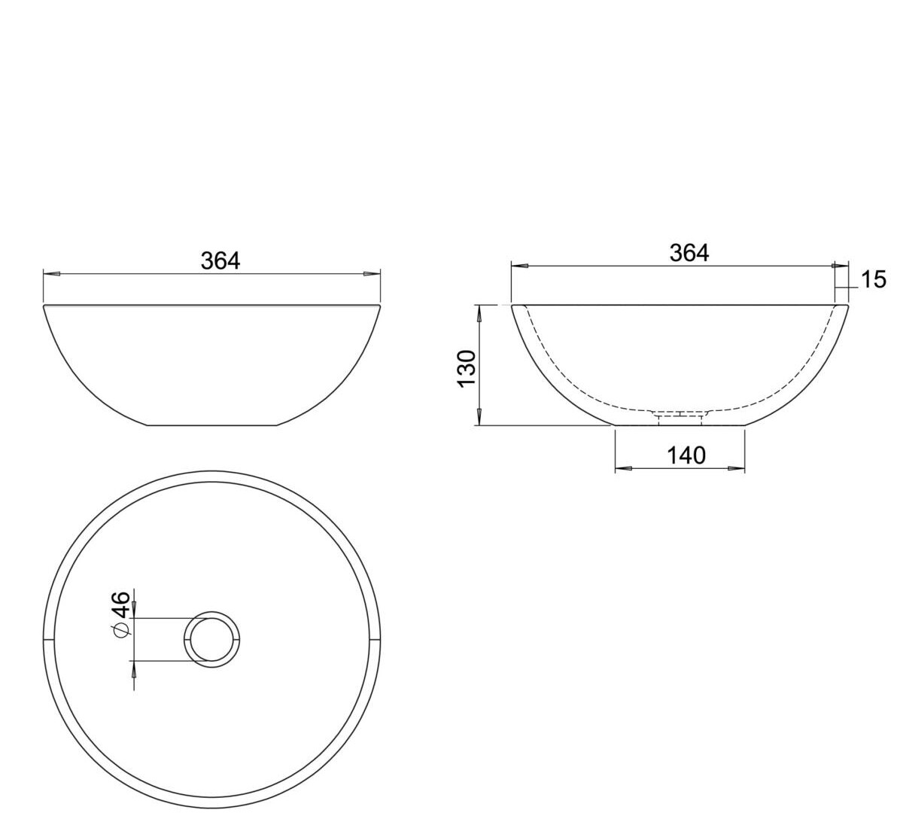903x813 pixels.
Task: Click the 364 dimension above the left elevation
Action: click(x=220, y=260)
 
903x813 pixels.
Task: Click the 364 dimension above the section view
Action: click(x=689, y=253)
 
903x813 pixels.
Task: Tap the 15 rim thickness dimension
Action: click(x=874, y=280)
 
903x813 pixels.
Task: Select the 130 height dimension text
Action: click(x=467, y=368)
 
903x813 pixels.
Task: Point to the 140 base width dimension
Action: click(x=686, y=456)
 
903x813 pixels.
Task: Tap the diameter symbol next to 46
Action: click(x=122, y=629)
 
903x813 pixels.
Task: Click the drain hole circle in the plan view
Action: click(x=211, y=611)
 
